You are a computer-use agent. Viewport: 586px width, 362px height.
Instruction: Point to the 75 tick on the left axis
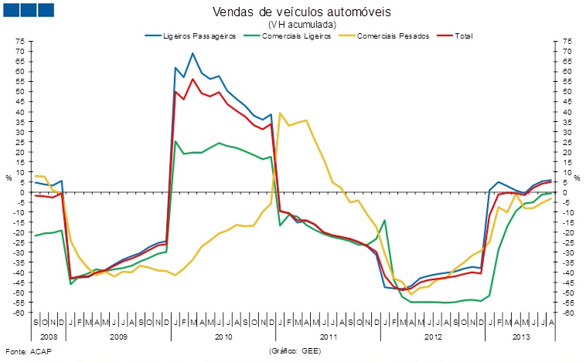pyautogui.click(x=22, y=41)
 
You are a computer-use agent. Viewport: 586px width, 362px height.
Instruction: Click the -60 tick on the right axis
pyautogui.click(x=568, y=313)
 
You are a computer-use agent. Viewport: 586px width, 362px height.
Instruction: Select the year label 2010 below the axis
pyautogui.click(x=223, y=337)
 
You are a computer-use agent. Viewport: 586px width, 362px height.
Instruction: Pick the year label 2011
pyautogui.click(x=329, y=337)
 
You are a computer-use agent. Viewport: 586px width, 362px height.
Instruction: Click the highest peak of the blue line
pyautogui.click(x=192, y=53)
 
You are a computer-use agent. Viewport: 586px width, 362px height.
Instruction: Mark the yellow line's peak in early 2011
pyautogui.click(x=280, y=113)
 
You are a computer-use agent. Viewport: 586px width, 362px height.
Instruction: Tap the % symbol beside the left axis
pyautogui.click(x=9, y=178)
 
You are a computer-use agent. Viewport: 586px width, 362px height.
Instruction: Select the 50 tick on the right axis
pyautogui.click(x=568, y=91)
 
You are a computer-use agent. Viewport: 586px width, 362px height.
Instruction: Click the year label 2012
pyautogui.click(x=433, y=337)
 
